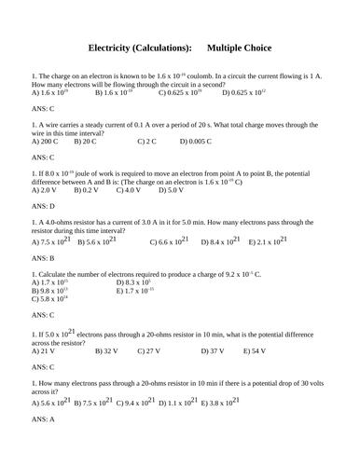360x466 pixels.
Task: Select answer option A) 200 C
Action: (x=47, y=142)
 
